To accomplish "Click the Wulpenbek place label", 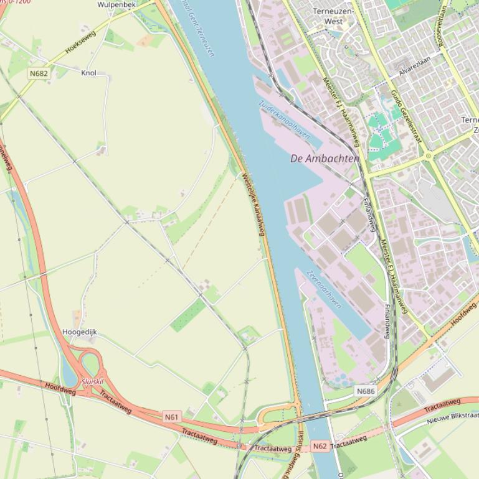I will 116,4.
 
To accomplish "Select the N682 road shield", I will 39,73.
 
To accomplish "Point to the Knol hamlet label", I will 89,73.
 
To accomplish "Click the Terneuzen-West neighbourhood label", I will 333,16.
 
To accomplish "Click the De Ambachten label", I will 325,159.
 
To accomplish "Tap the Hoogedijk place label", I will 80,332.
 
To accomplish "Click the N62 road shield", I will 320,446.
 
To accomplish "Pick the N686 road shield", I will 366,391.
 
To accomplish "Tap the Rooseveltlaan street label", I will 443,19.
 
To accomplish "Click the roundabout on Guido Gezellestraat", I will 428,156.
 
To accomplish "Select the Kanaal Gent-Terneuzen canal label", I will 197,28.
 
